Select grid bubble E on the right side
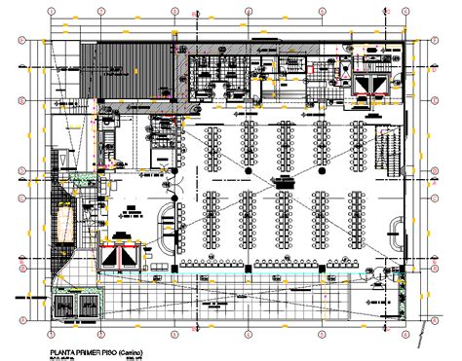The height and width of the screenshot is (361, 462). tap(433, 99)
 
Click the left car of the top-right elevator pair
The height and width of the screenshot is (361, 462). tap(366, 86)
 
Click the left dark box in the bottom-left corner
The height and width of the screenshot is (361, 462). tap(62, 307)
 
